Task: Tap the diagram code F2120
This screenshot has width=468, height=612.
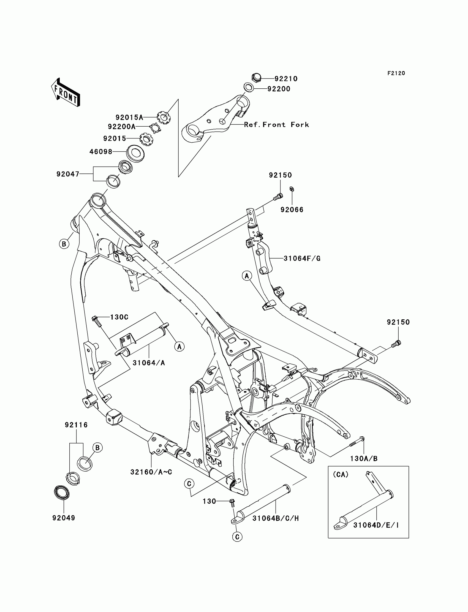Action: (x=396, y=73)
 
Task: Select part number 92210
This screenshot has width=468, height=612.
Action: (x=286, y=79)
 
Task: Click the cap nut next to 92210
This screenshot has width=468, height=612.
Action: (x=256, y=77)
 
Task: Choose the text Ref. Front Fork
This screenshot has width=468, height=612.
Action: (x=276, y=124)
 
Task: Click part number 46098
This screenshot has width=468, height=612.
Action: (x=101, y=151)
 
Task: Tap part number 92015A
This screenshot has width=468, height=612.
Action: (x=129, y=117)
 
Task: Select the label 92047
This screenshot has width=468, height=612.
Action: (x=68, y=174)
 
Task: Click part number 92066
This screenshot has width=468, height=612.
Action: (x=292, y=210)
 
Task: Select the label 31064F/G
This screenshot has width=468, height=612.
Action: (x=302, y=259)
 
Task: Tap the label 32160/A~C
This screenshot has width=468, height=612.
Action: (x=151, y=472)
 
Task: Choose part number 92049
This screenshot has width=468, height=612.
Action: (x=64, y=518)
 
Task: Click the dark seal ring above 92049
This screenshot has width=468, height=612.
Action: (x=62, y=493)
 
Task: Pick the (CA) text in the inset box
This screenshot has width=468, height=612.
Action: (x=341, y=474)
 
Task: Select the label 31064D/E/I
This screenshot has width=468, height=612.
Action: (x=376, y=525)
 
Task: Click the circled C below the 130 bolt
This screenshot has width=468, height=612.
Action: (x=237, y=537)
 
